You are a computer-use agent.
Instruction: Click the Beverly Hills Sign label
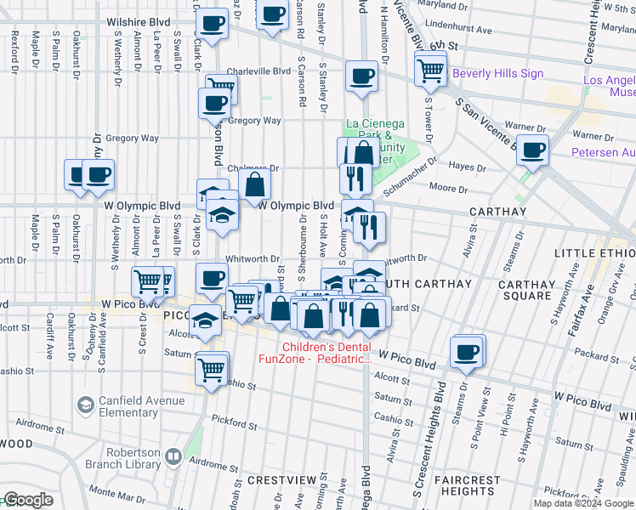[x=497, y=74]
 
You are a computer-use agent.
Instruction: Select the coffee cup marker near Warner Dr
[x=532, y=150]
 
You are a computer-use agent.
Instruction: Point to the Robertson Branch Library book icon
[x=173, y=457]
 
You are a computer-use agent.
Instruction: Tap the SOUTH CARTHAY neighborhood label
[x=423, y=282]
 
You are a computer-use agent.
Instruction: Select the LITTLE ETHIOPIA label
[x=593, y=254]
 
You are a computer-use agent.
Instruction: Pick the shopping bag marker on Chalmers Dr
[x=254, y=183]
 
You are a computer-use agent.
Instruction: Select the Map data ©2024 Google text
[x=582, y=503]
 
